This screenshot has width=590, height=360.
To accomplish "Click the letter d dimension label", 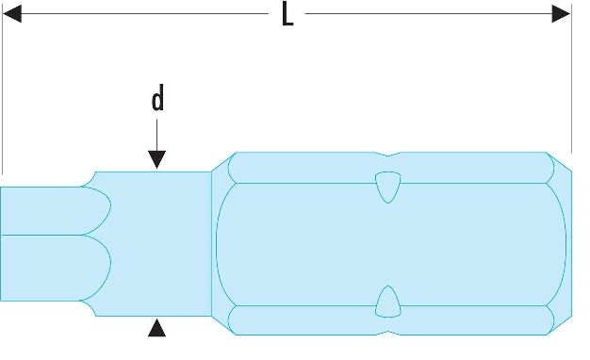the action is (157, 98).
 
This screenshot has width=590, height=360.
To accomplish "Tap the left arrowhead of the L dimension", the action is (11, 14).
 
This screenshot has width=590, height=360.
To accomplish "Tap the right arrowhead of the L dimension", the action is (561, 14).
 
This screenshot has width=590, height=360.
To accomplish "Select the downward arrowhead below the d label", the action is (156, 159).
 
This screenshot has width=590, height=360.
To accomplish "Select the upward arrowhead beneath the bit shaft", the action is (156, 328).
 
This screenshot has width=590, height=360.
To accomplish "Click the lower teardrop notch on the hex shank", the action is (388, 302).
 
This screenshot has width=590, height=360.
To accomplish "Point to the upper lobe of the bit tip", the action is (57, 211).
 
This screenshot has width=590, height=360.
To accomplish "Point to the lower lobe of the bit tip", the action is (57, 268).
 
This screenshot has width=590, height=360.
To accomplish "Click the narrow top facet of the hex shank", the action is (391, 168).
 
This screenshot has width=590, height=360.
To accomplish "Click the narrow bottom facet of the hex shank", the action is (391, 320).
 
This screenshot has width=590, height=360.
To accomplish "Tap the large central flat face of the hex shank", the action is (391, 244).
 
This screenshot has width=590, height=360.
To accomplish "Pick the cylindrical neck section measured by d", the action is (158, 244).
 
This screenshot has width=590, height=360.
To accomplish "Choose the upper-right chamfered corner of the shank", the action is (560, 162).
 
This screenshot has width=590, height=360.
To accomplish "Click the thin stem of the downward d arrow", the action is (156, 136).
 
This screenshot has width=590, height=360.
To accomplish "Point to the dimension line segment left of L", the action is (145, 14).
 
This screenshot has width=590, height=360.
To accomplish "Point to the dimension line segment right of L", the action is (429, 14).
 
